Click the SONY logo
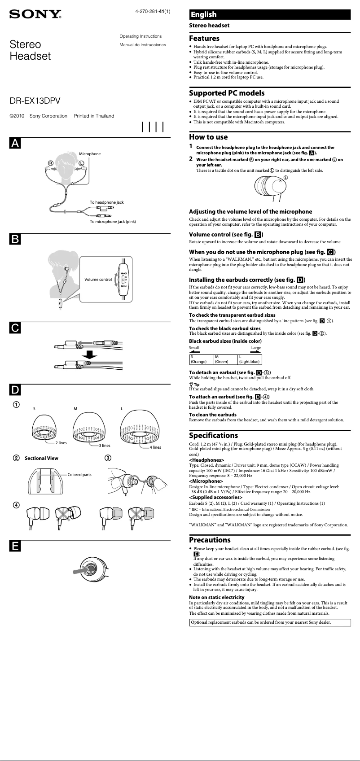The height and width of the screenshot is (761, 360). (35, 14)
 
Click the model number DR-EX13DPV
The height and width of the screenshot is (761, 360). (35, 101)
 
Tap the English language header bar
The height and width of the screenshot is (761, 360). (269, 14)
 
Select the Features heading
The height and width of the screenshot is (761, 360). (204, 39)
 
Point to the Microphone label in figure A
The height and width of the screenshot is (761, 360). (90, 154)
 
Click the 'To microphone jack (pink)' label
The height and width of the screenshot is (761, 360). (113, 222)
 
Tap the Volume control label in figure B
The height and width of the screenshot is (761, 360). (98, 280)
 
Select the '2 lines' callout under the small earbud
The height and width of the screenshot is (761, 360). (61, 443)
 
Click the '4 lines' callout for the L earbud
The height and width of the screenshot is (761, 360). (155, 447)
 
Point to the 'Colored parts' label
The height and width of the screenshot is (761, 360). (79, 475)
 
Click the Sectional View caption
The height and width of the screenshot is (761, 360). (41, 458)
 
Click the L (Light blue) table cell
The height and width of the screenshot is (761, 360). (249, 359)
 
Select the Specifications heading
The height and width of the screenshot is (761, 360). (213, 435)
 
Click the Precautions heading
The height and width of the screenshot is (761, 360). (210, 540)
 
